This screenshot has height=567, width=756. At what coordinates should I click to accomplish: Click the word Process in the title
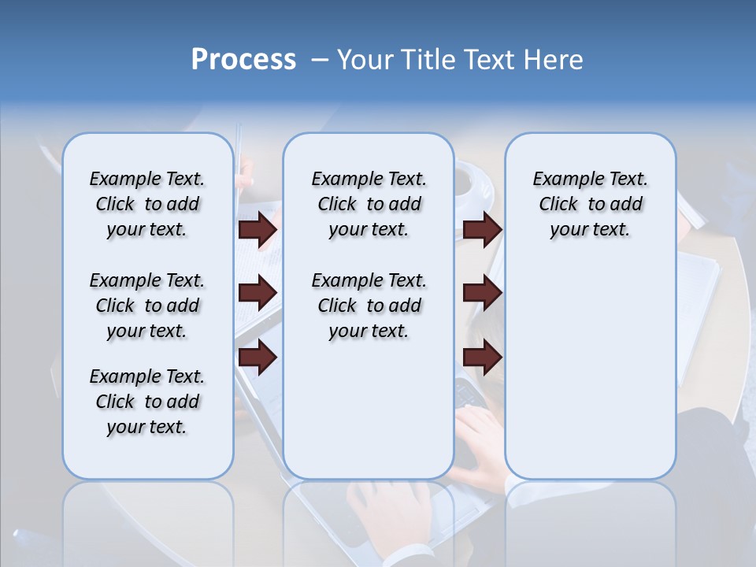243,60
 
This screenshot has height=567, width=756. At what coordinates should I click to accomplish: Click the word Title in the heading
426,60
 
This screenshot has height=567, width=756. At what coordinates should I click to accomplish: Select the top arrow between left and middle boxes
258,229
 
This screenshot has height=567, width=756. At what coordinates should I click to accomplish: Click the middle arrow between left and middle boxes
258,293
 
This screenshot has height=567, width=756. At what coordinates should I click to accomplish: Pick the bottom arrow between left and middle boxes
258,357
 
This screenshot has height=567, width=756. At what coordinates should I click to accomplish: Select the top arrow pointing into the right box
482,229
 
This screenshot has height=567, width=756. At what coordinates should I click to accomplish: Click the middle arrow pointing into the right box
482,293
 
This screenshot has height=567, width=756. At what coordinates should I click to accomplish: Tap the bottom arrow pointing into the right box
482,357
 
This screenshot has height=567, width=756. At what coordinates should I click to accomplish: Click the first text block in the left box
147,204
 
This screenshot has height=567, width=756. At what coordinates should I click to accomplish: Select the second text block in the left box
147,306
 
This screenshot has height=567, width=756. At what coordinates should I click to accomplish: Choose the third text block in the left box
147,402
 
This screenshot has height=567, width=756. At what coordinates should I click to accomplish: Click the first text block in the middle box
369,204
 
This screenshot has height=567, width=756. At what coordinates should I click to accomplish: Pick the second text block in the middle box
369,306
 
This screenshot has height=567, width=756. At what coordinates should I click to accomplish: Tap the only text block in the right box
590,204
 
